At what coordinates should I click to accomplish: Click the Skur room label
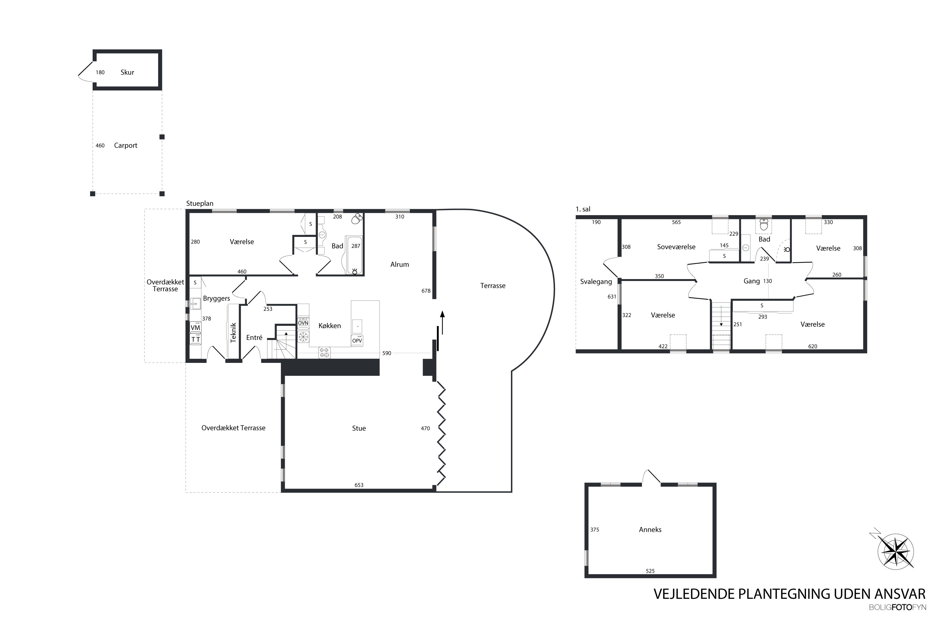click(127, 72)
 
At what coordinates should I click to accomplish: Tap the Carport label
click(125, 146)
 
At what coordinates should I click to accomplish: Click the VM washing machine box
click(195, 328)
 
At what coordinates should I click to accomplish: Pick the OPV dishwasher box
click(357, 340)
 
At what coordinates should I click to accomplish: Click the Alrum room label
click(399, 264)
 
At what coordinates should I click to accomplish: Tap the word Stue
click(359, 428)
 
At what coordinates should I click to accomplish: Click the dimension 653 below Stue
click(359, 485)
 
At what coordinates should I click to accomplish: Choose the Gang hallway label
click(751, 281)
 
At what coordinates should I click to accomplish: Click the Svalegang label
click(596, 282)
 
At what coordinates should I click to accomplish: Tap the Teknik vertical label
click(233, 333)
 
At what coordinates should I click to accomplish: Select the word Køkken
click(329, 325)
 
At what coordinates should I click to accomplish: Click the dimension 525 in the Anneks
click(650, 570)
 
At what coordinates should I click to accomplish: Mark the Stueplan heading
click(200, 204)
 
